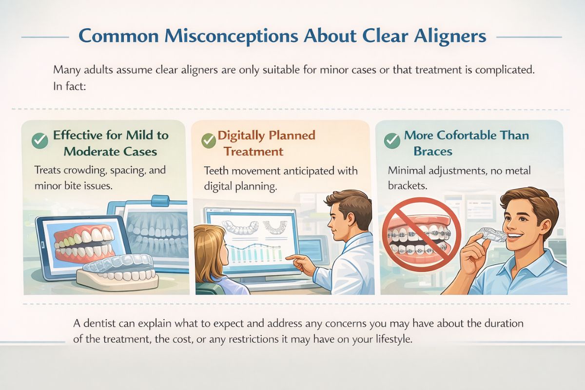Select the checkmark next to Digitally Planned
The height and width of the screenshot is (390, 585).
[x=208, y=141]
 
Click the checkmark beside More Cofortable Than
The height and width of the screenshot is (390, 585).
[x=392, y=141]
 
